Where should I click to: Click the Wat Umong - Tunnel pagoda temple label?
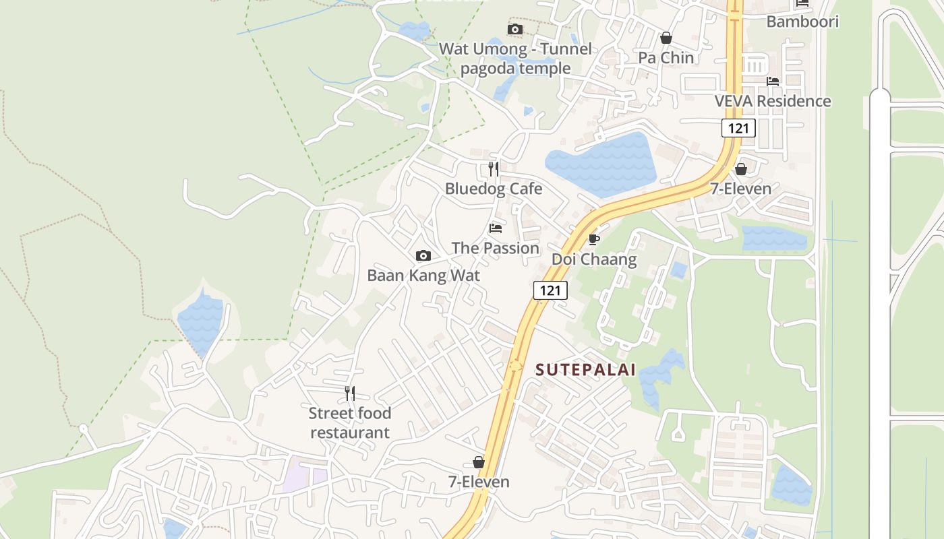pyautogui.click(x=515, y=59)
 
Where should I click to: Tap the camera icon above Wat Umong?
pyautogui.click(x=515, y=29)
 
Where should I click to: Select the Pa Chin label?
pyautogui.click(x=666, y=58)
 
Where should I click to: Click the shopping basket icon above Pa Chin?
pyautogui.click(x=666, y=38)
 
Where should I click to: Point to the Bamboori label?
pyautogui.click(x=802, y=22)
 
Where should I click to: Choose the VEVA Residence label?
pyautogui.click(x=773, y=101)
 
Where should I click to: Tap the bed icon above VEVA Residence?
pyautogui.click(x=773, y=82)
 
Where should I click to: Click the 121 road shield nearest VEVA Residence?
pyautogui.click(x=738, y=127)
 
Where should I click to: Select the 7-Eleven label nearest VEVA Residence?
pyautogui.click(x=740, y=189)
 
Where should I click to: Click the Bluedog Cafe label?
pyautogui.click(x=494, y=189)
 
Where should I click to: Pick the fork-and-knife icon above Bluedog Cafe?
pyautogui.click(x=494, y=168)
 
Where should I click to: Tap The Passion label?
pyautogui.click(x=496, y=248)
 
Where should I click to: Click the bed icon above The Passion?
pyautogui.click(x=496, y=228)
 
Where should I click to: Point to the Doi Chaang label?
pyautogui.click(x=594, y=259)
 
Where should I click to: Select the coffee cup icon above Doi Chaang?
pyautogui.click(x=594, y=239)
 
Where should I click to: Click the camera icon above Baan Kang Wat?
pyautogui.click(x=423, y=255)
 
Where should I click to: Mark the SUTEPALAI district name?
pyautogui.click(x=585, y=370)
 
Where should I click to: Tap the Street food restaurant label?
pyautogui.click(x=350, y=422)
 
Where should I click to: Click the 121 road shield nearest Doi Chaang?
pyautogui.click(x=550, y=290)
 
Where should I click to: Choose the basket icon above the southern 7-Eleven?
pyautogui.click(x=479, y=462)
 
